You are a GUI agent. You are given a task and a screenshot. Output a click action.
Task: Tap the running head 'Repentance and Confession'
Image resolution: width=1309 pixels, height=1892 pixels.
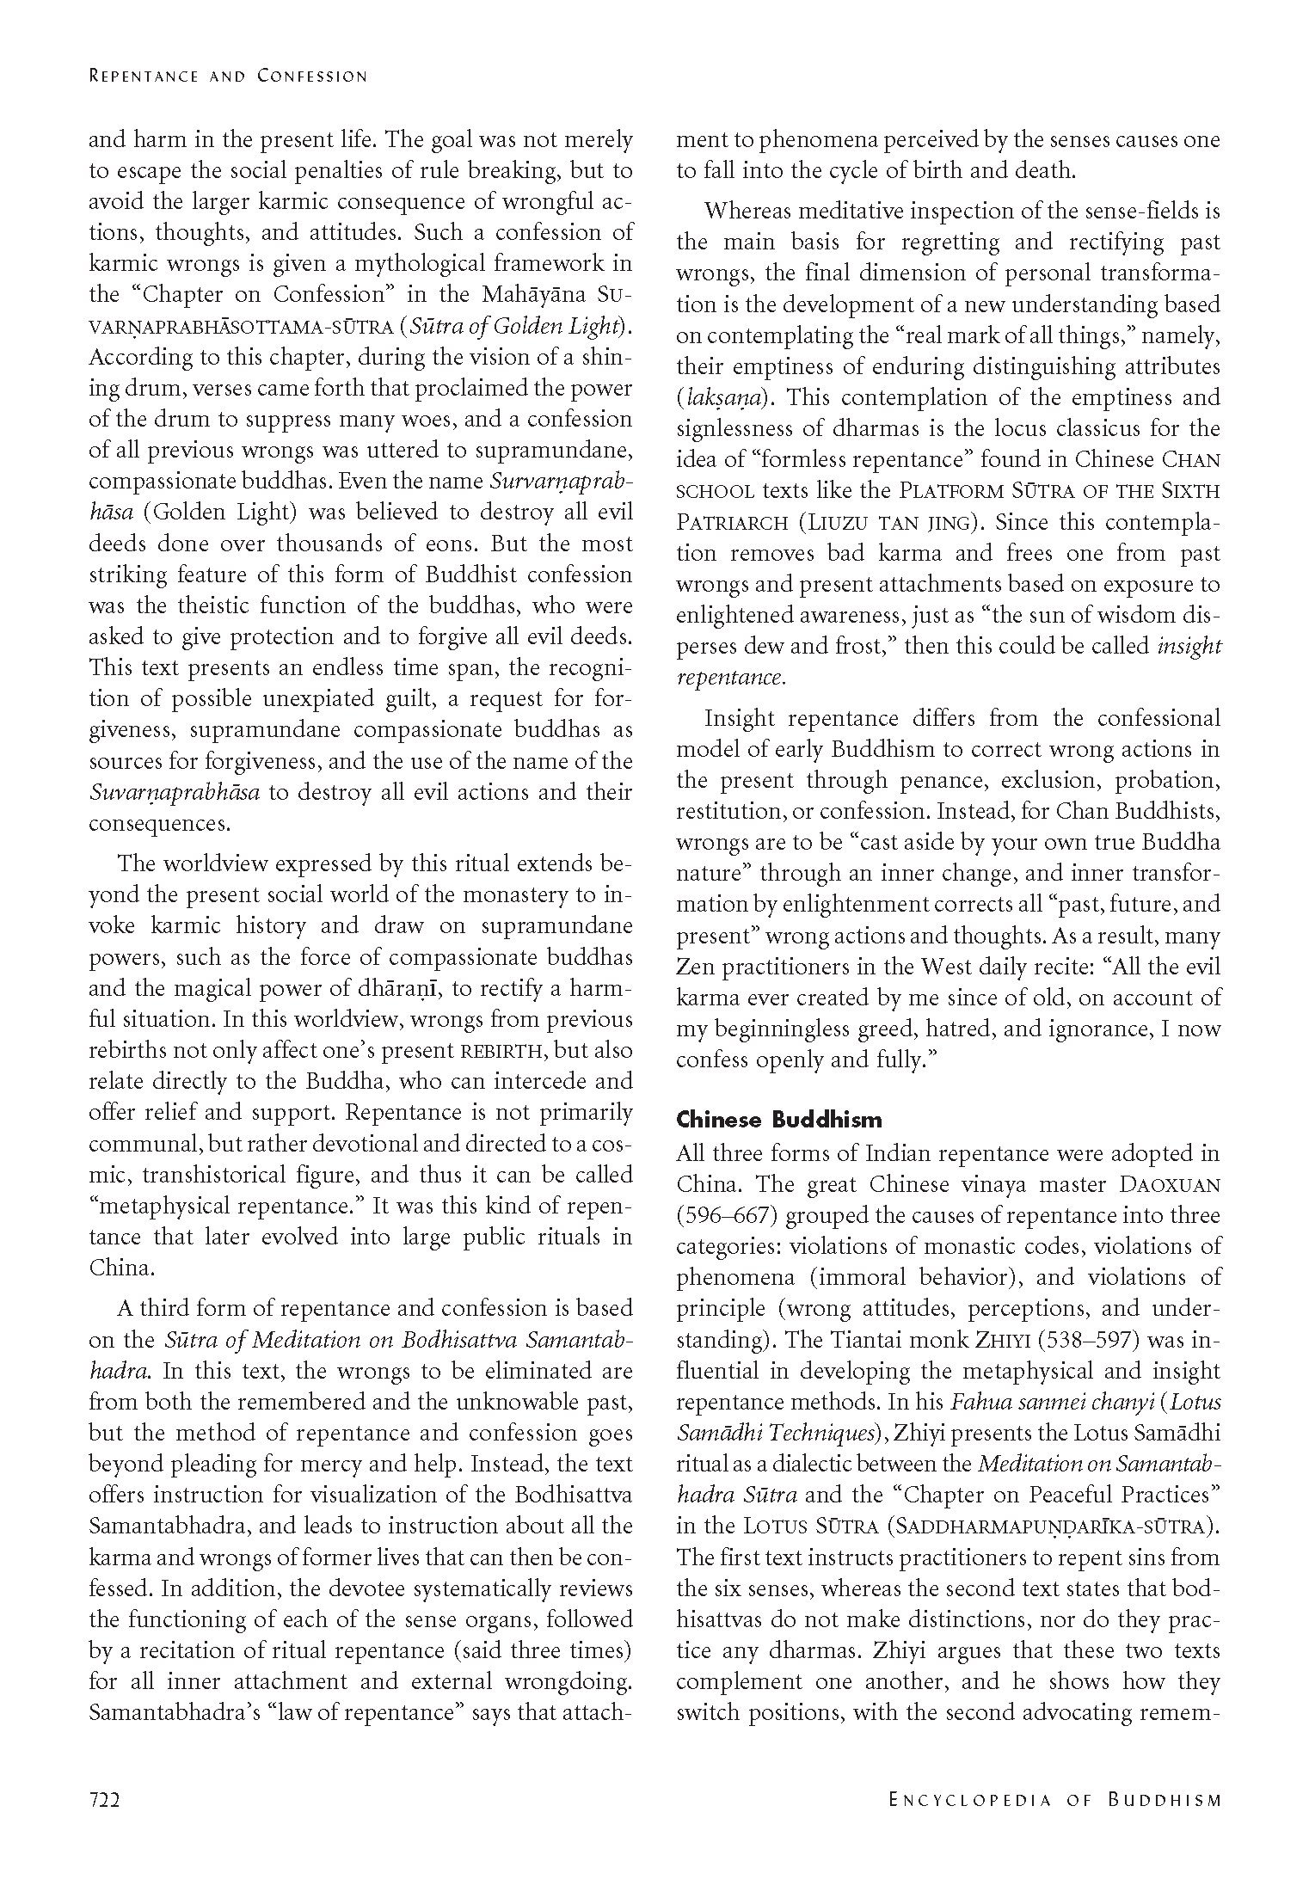click(228, 77)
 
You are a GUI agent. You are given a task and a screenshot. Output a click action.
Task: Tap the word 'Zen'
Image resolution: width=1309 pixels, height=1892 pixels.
click(695, 967)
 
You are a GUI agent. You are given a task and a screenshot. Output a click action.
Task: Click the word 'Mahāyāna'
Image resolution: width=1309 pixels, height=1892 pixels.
click(534, 294)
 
